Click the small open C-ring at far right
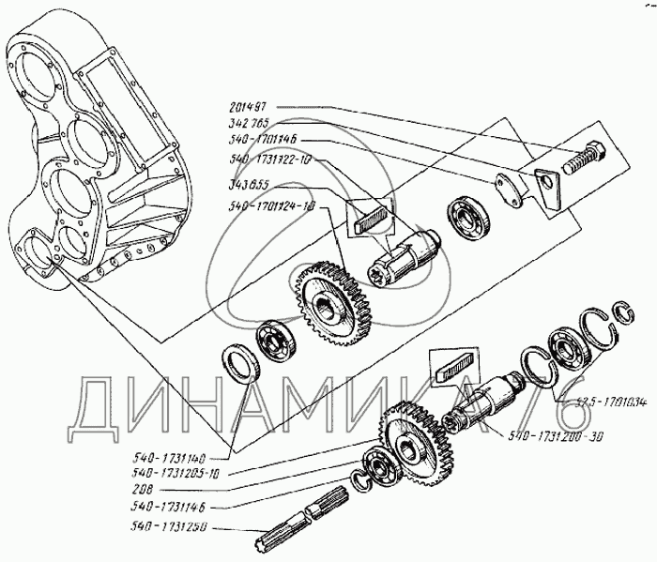coord(622,314)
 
